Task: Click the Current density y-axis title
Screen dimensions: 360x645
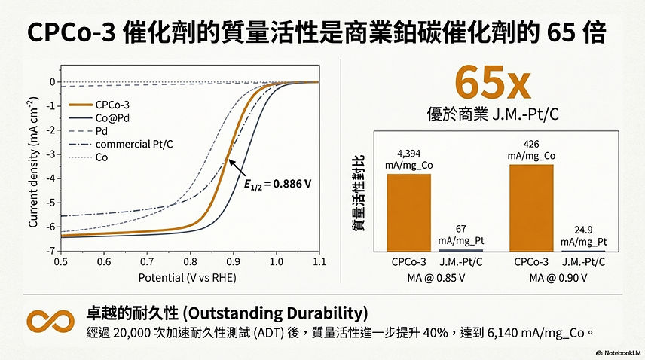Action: (34, 162)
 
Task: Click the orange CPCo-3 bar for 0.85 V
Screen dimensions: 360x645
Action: (409, 212)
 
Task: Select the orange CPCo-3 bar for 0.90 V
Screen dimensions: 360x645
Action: (531, 207)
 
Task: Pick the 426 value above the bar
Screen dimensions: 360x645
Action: (531, 143)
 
